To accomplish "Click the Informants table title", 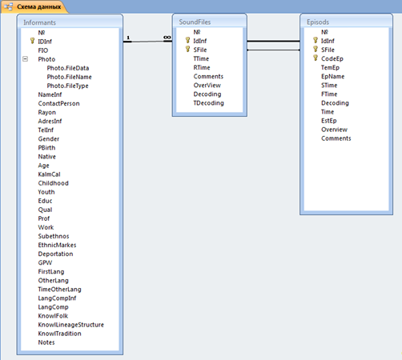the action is point(39,22).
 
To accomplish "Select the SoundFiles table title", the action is point(195,22).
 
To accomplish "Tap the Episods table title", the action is point(318,22).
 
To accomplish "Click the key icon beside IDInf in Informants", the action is point(32,41).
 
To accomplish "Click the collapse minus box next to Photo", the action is point(25,59).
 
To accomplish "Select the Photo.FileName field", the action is point(69,77).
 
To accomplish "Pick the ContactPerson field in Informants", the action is point(58,103).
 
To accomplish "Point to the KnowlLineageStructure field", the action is point(71,325).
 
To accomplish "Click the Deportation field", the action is point(55,254).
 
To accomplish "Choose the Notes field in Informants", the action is point(46,342).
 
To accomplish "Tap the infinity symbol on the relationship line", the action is point(167,38).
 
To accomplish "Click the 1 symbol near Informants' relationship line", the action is point(128,38).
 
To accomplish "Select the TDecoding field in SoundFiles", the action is point(209,103).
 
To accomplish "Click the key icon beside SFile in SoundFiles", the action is point(187,49).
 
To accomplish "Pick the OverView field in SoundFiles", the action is point(207,86).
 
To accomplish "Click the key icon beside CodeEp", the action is point(316,58).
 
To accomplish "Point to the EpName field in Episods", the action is point(333,77).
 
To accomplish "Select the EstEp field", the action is point(329,121).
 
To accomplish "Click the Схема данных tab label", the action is point(39,6).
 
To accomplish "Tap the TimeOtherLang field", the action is point(59,290).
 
